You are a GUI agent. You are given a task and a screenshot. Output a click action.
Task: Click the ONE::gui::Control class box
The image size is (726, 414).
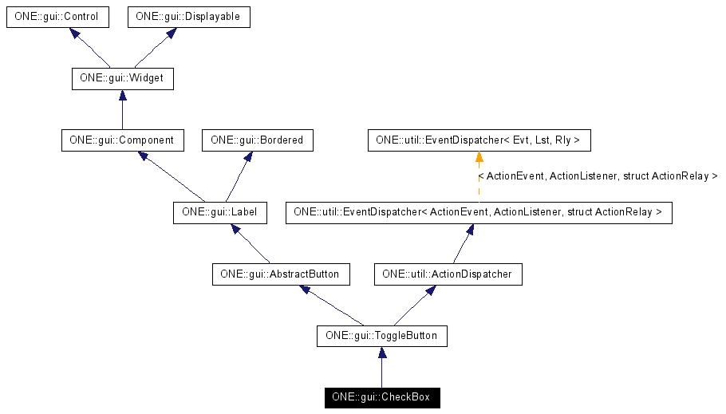coord(56,17)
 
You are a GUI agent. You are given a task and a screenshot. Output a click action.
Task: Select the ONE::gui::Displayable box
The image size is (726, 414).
coord(188,17)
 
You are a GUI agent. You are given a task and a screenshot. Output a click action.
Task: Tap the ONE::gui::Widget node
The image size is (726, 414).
coord(121,79)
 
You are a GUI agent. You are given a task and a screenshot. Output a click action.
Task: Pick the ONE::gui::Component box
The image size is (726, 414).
coord(121,140)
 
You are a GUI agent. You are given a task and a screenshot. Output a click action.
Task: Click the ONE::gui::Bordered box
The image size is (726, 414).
coord(257,140)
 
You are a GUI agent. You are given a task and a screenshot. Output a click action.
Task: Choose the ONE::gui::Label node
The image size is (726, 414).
coord(219,212)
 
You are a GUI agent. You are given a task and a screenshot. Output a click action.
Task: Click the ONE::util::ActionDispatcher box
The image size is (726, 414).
coord(448,274)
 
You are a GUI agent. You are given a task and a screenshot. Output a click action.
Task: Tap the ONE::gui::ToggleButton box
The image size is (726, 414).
coord(381,336)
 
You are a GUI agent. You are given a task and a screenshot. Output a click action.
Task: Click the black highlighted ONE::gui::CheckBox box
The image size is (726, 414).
coord(381,397)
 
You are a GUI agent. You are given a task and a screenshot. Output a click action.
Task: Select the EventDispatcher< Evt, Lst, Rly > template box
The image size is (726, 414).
coord(479,140)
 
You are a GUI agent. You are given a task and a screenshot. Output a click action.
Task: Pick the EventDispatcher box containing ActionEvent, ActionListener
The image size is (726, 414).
coord(479,212)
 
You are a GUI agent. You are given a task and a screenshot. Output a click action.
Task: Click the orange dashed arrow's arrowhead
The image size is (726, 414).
coord(479,157)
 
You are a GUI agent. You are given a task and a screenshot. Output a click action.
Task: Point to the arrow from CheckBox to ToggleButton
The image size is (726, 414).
coord(381,367)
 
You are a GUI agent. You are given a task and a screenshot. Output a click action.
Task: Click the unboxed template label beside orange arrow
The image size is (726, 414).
coord(598,175)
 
